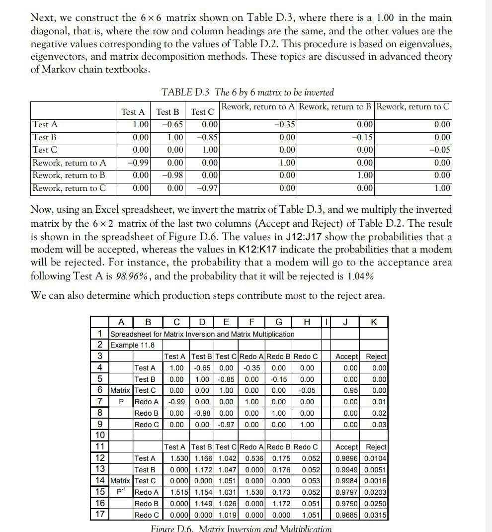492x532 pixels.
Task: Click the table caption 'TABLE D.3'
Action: pos(186,92)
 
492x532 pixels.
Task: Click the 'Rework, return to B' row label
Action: pos(69,176)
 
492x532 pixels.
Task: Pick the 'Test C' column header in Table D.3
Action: pos(202,112)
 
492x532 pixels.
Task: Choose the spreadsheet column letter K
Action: pos(374,322)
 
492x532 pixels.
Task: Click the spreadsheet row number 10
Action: pos(100,436)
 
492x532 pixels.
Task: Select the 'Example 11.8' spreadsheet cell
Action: pos(132,345)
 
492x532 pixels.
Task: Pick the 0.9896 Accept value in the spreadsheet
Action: pos(346,458)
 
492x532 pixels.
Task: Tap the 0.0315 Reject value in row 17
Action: pos(375,515)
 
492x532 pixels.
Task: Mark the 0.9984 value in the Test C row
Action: pos(346,481)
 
